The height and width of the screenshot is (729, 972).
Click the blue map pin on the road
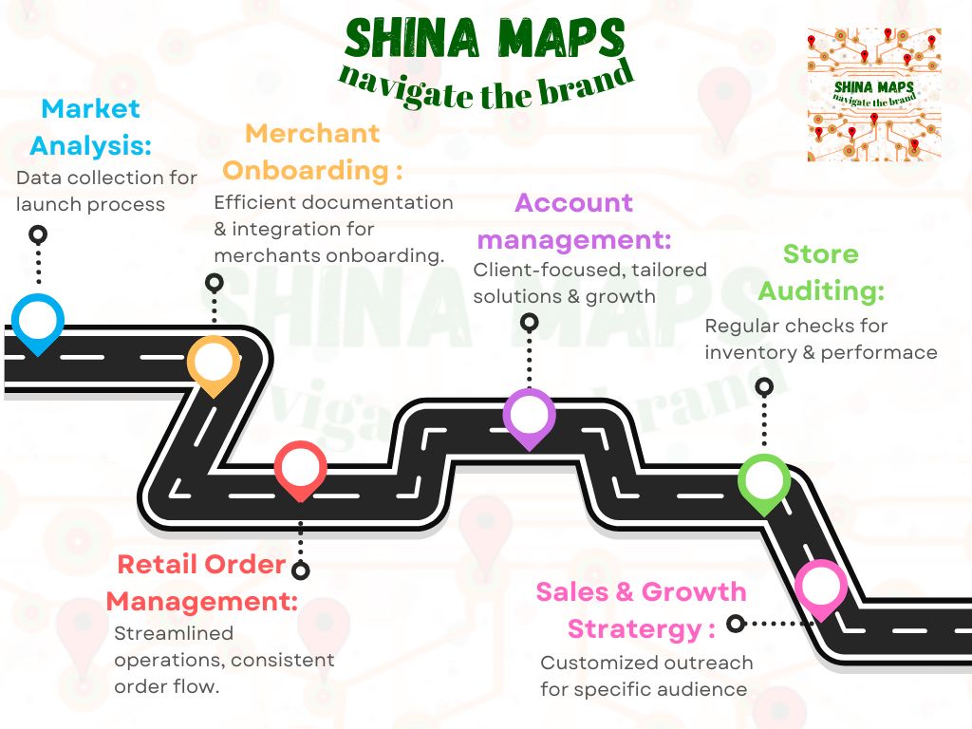point(38,321)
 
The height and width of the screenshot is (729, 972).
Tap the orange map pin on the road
point(214,362)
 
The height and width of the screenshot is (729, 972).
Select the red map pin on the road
point(301,467)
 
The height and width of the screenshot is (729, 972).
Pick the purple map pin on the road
point(529,415)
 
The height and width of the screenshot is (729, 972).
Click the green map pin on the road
point(764,481)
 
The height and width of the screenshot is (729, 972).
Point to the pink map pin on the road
point(820,588)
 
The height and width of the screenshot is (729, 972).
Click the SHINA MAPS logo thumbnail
point(874,94)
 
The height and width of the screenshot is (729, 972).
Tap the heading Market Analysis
point(90,127)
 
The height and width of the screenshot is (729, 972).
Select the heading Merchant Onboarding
point(313,152)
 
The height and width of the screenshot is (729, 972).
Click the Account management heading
point(573,220)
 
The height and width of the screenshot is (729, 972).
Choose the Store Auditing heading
point(821,272)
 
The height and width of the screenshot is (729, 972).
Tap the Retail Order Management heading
point(201,583)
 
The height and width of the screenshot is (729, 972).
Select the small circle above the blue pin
point(38,234)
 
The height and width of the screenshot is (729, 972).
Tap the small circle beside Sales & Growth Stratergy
point(735,624)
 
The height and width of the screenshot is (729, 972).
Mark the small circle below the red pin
point(301,570)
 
